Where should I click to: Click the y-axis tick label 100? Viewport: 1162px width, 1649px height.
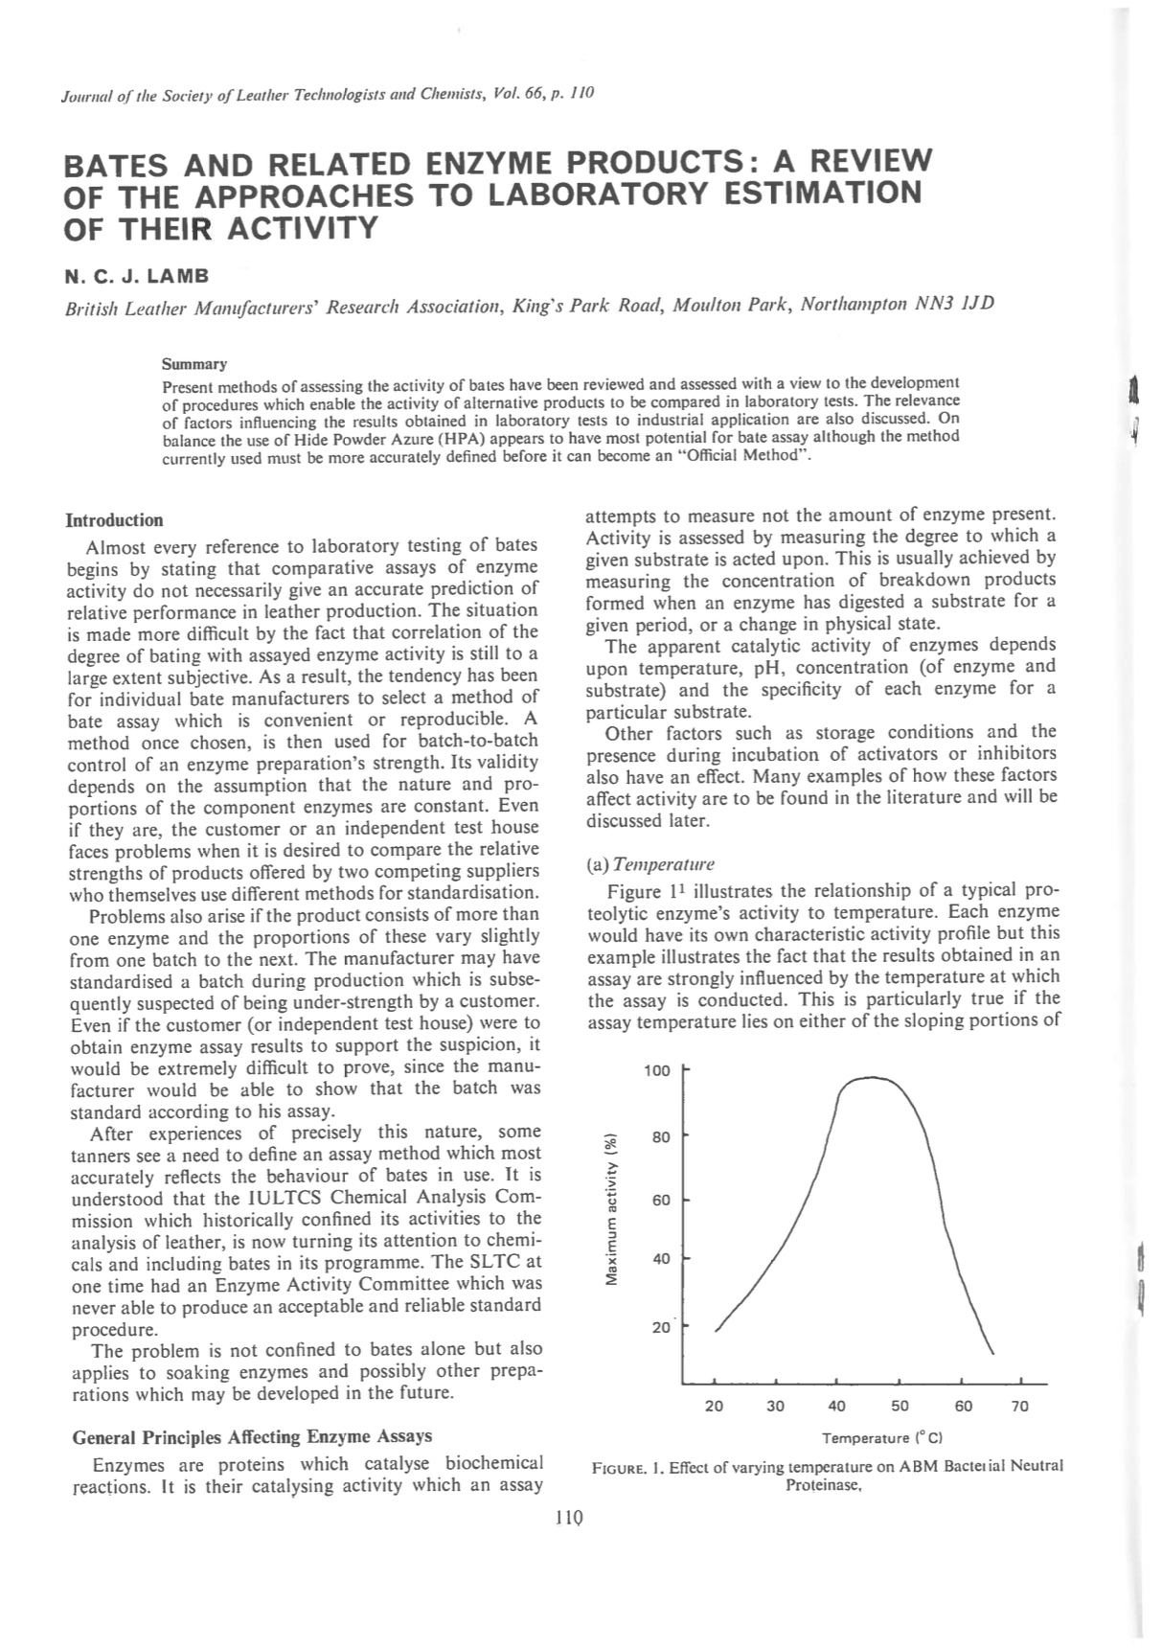656,1070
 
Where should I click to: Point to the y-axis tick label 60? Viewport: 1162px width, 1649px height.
661,1201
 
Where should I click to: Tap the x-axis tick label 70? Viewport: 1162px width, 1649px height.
1020,1406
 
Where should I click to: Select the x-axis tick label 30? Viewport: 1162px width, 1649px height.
776,1406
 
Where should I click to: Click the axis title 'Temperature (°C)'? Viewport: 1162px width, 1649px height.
883,1438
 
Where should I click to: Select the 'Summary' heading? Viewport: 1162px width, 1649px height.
194,364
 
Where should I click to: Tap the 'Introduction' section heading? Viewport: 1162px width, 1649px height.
114,520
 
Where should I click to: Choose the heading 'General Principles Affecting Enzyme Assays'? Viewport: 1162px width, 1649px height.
252,1435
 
